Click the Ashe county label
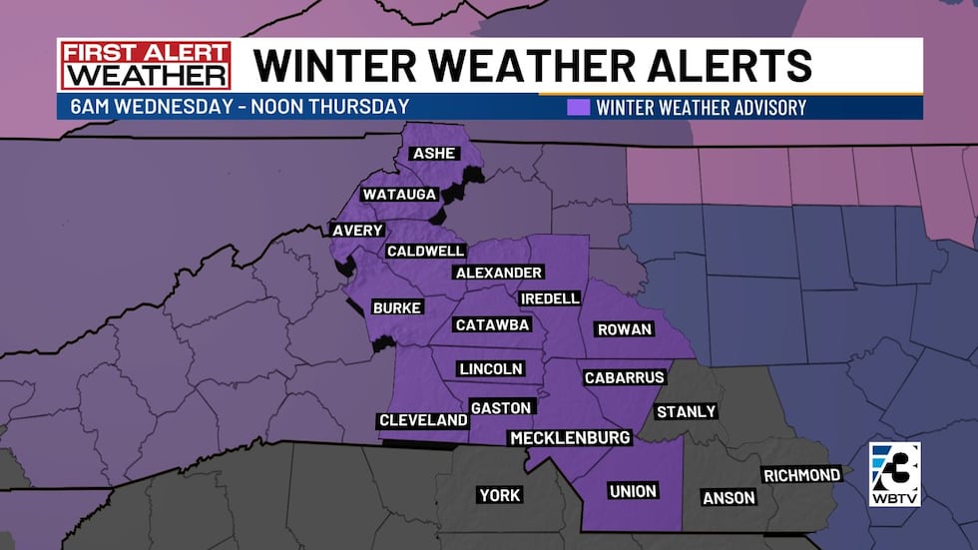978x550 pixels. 433,153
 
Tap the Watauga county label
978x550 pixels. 400,194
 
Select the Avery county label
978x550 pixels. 357,231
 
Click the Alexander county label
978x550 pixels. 498,273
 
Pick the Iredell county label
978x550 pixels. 549,298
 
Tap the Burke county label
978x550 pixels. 396,307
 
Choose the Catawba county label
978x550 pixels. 492,324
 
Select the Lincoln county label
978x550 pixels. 491,368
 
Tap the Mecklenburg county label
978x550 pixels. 570,438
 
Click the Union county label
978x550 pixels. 634,490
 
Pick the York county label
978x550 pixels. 500,495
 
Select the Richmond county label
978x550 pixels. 801,475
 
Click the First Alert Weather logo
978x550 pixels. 145,65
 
